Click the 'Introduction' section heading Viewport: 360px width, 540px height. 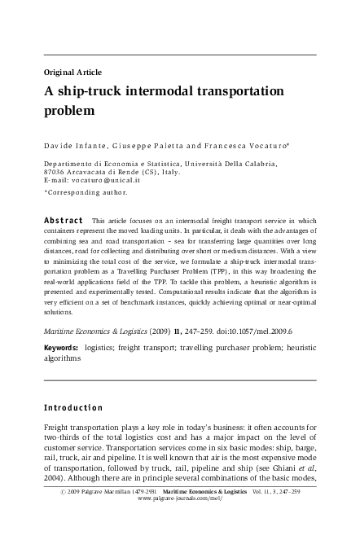(73, 407)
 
